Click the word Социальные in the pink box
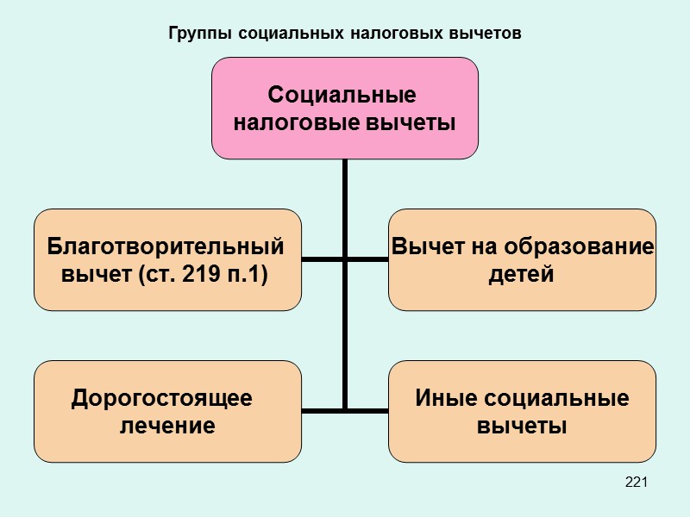coord(343,94)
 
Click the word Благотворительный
coord(166,247)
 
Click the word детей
coord(521,276)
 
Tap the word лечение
coord(166,426)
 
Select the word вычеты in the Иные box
coord(522,426)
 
